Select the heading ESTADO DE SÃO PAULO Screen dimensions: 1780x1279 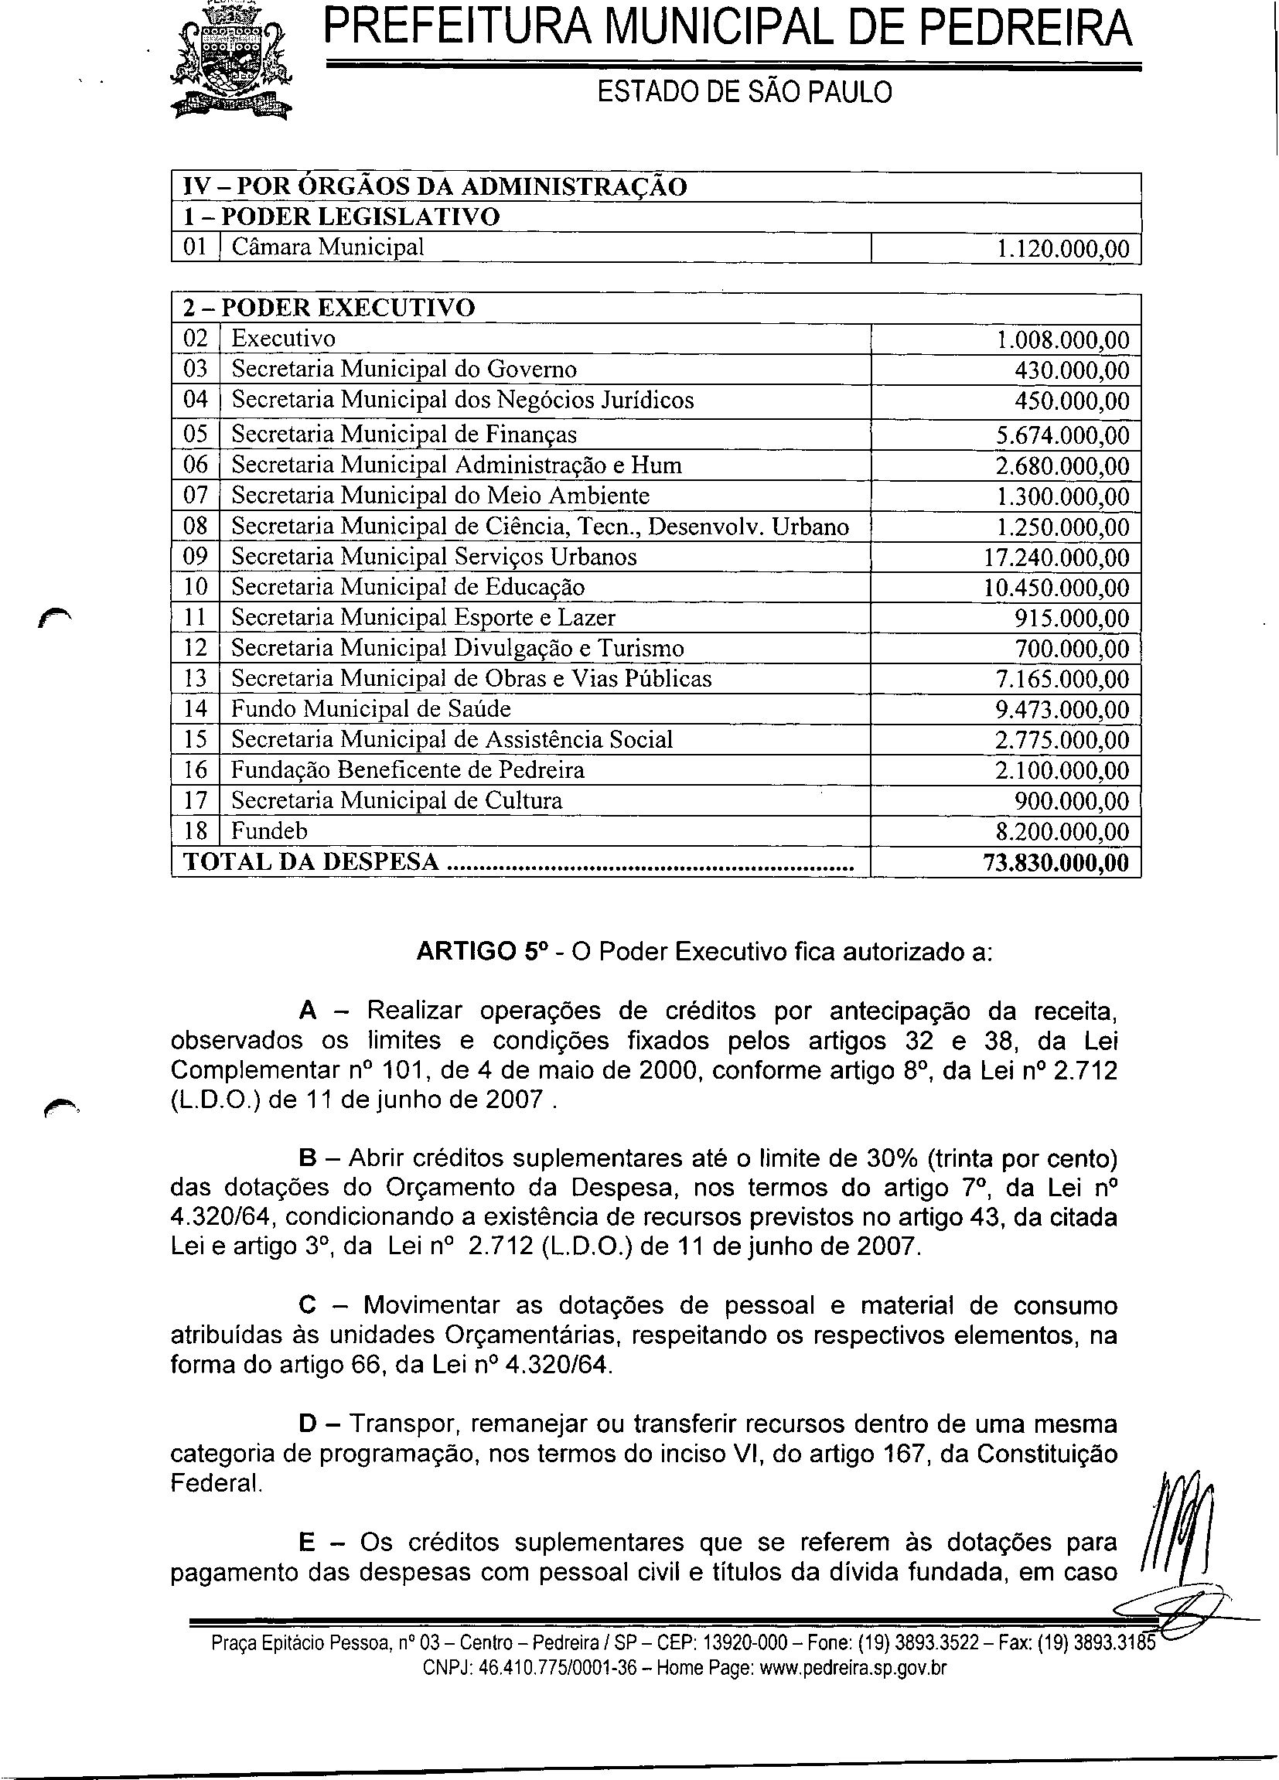point(745,93)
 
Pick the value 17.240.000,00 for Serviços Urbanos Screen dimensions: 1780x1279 point(1056,558)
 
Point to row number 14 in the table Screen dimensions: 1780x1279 point(196,709)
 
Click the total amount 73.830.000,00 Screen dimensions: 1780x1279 point(1056,862)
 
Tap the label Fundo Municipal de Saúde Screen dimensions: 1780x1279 point(370,709)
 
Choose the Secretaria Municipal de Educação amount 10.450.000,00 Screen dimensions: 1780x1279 point(1056,588)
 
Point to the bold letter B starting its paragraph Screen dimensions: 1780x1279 point(307,1158)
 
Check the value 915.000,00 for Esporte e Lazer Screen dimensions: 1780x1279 point(1072,619)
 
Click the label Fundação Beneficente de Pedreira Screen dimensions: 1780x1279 point(408,770)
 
